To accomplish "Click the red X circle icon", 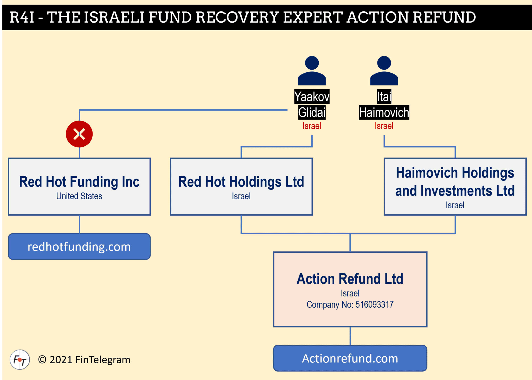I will [x=79, y=134].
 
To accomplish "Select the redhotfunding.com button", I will [x=79, y=247].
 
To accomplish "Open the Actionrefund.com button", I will [x=350, y=358].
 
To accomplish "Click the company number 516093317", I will [x=374, y=305].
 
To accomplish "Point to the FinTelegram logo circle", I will [x=20, y=360].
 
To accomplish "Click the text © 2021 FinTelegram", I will [x=84, y=360].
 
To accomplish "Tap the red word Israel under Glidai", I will [x=312, y=126].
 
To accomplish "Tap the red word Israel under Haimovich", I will [x=384, y=126].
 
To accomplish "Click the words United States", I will [x=79, y=196].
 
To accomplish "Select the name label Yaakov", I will [x=312, y=96].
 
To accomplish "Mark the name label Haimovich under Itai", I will [x=384, y=112].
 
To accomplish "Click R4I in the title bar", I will [x=22, y=17].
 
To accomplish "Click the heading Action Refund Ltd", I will [x=350, y=279].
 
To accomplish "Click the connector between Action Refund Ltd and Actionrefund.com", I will [x=350, y=336].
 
